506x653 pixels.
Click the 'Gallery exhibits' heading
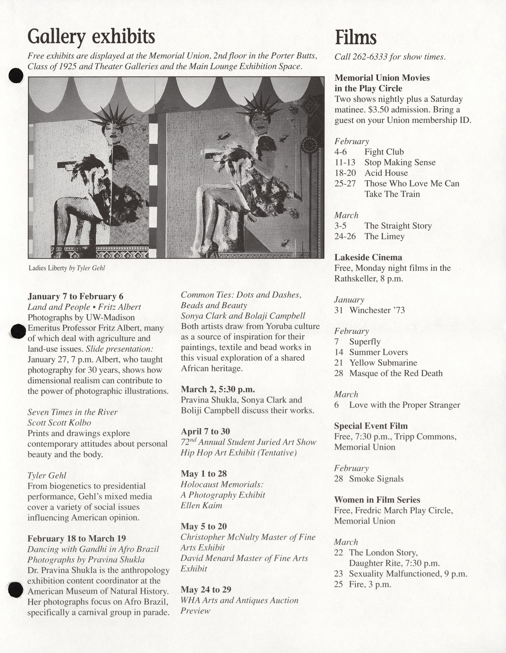91,37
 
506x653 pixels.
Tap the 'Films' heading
355,38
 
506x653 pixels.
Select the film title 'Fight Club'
384,152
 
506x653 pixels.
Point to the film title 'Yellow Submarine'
383,363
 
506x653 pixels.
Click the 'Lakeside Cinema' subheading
368,257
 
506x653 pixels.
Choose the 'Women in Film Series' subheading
377,500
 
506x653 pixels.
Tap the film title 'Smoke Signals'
376,479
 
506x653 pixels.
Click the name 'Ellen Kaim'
202,505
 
